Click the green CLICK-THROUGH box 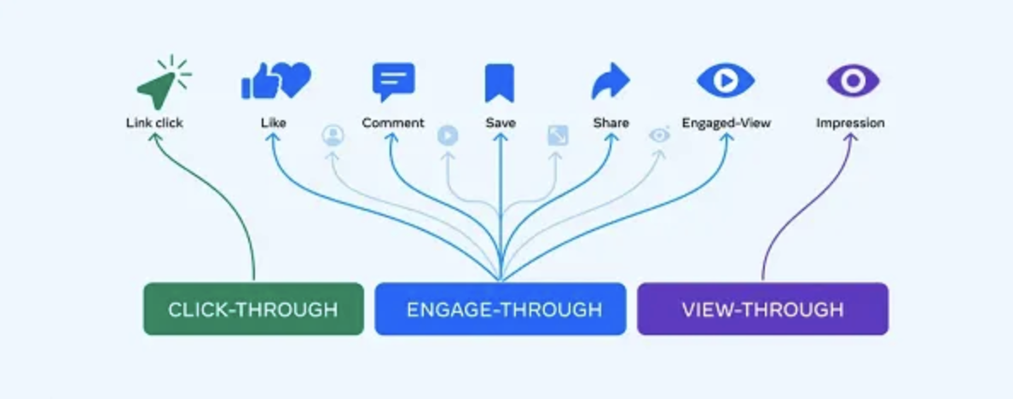coord(253,309)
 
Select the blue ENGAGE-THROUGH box coord(501,309)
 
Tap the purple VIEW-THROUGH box coord(762,309)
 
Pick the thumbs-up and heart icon coord(276,81)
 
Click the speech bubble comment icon coord(393,82)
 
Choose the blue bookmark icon coord(500,83)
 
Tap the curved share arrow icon coord(611,81)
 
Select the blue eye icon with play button coord(726,81)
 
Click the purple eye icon coord(853,81)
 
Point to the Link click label coord(154,123)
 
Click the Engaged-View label coord(726,123)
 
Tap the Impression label coord(850,123)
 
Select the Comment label coord(393,123)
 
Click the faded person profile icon coord(333,136)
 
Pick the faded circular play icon coord(448,136)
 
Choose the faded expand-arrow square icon coord(558,136)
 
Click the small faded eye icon coord(659,135)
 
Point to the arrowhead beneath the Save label coord(501,137)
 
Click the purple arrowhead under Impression coord(850,137)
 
